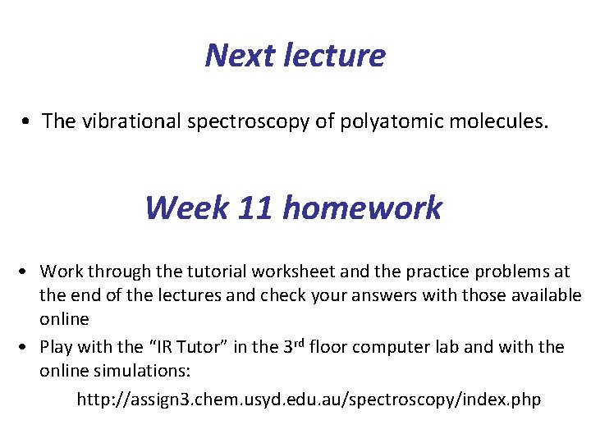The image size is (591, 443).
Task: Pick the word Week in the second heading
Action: (x=186, y=208)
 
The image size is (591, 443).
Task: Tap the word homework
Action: (x=363, y=208)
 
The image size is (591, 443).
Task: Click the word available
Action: (x=541, y=295)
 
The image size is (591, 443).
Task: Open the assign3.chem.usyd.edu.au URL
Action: (x=309, y=400)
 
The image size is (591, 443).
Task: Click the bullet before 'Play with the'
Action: (x=27, y=347)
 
